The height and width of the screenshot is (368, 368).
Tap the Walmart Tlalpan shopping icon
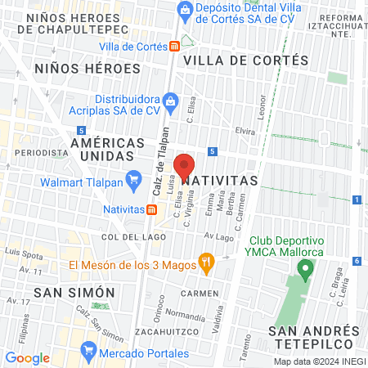[x=133, y=177]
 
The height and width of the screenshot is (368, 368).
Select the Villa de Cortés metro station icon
[x=174, y=46]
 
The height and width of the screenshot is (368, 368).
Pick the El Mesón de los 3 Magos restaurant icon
[x=206, y=264]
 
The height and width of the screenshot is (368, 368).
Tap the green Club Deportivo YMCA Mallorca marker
[x=306, y=267]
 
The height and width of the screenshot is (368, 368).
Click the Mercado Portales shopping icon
[x=88, y=354]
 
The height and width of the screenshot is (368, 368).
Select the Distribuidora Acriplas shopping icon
[x=171, y=102]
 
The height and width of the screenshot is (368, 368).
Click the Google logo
[x=28, y=357]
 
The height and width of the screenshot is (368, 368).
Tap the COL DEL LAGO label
[x=128, y=236]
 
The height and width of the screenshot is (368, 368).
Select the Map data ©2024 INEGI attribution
[x=320, y=361]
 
